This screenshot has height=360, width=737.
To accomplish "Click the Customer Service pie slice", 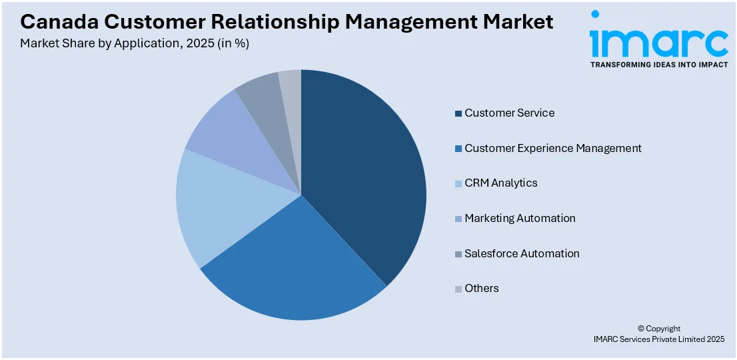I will pyautogui.click(x=363, y=173).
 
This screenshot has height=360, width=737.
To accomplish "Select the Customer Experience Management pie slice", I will pyautogui.click(x=293, y=260).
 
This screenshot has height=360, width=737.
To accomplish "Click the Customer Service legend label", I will pyautogui.click(x=509, y=113).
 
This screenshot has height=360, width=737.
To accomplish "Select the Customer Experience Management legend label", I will pyautogui.click(x=553, y=148).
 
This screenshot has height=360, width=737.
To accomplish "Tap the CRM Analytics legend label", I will pyautogui.click(x=500, y=183).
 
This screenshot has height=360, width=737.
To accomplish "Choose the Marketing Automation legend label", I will pyautogui.click(x=520, y=218).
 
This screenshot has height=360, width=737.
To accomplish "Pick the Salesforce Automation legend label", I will pyautogui.click(x=522, y=253).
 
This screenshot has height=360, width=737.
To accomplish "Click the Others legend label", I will pyautogui.click(x=482, y=288).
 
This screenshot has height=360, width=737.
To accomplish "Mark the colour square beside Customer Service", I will pyautogui.click(x=458, y=113).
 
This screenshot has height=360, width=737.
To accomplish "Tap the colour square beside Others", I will pyautogui.click(x=458, y=289).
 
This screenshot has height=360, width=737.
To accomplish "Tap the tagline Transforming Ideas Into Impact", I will pyautogui.click(x=658, y=65).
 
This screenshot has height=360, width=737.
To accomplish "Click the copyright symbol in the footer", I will pyautogui.click(x=641, y=329).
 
